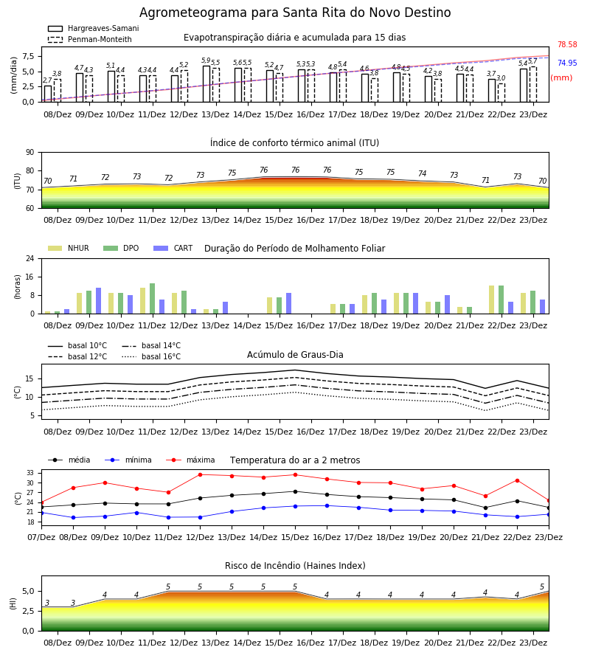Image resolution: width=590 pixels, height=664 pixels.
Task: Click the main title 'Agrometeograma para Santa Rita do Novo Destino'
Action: [295, 13]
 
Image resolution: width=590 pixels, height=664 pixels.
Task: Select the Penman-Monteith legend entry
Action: [90, 39]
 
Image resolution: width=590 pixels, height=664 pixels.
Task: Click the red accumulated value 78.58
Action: [567, 44]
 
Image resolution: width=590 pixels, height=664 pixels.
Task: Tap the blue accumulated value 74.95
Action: [567, 63]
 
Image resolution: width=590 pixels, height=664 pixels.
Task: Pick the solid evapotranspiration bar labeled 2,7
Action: [48, 94]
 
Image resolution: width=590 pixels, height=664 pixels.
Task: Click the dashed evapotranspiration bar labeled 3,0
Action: [502, 93]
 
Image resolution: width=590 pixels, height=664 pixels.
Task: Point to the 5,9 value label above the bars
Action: [206, 60]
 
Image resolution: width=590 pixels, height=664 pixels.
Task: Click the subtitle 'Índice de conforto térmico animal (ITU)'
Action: [294, 142]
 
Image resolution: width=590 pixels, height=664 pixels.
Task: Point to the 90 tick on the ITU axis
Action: [30, 153]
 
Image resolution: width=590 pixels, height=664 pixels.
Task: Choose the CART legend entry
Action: [173, 248]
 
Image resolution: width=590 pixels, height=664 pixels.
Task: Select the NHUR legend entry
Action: [69, 248]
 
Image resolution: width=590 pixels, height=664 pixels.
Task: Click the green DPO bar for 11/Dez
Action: [153, 299]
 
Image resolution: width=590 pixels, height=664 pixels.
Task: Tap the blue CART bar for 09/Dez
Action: [98, 301]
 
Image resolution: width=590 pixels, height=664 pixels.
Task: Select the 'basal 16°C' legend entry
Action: [151, 356]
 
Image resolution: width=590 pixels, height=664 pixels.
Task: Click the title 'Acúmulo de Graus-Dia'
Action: [295, 354]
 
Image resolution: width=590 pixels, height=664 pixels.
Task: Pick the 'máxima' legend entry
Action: [190, 460]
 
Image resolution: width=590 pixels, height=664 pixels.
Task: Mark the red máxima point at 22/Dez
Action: [517, 480]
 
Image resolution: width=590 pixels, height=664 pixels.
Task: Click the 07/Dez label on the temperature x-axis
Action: [41, 537]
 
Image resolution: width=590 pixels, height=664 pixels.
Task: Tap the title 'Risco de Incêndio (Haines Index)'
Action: [295, 565]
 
